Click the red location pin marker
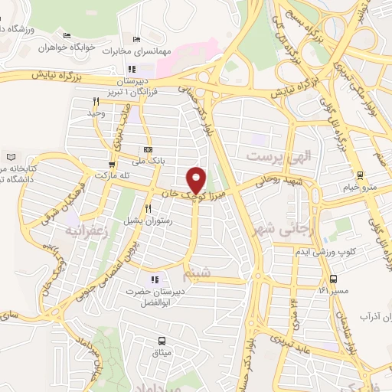[x=198, y=179]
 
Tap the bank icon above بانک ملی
[x=148, y=149]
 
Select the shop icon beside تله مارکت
[x=113, y=165]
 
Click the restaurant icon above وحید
[x=96, y=102]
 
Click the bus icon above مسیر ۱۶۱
[x=333, y=279]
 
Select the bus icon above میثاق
[x=162, y=340]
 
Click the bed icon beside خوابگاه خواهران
[x=67, y=35]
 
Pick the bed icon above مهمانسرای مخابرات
[x=136, y=40]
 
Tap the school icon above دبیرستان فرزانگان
[x=131, y=70]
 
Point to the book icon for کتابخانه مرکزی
[x=9, y=156]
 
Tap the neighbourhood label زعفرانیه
[x=83, y=229]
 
